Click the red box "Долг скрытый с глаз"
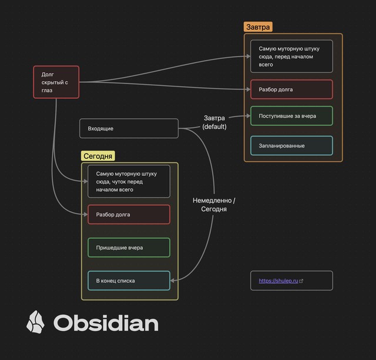click(x=56, y=82)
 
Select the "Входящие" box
click(x=129, y=128)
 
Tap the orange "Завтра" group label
click(x=258, y=27)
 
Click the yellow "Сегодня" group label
click(x=98, y=156)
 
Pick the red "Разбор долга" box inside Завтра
click(x=291, y=89)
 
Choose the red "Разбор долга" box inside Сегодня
click(x=129, y=215)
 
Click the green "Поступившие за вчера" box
click(x=291, y=116)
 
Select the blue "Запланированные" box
click(x=291, y=146)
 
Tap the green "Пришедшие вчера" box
click(x=129, y=248)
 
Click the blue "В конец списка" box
click(x=129, y=281)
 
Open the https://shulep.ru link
click(x=278, y=281)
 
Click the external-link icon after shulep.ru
click(x=301, y=281)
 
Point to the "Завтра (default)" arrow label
click(x=214, y=122)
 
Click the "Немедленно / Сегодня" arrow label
click(x=214, y=205)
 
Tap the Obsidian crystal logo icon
click(x=35, y=322)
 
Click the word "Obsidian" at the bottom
click(x=106, y=323)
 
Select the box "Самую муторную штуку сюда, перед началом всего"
click(x=291, y=56)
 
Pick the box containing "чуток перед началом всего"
click(x=129, y=181)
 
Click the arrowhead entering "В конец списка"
click(x=173, y=281)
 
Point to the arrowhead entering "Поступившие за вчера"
click(x=247, y=116)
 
